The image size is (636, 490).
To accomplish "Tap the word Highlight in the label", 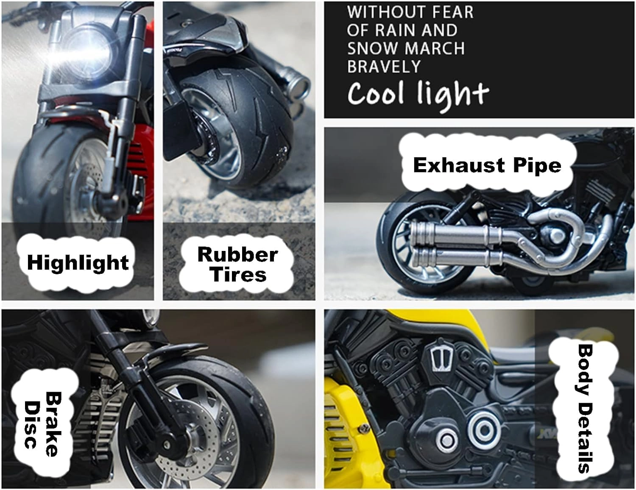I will (78, 262).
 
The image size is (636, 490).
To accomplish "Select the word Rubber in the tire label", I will (237, 254).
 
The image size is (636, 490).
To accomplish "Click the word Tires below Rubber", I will (239, 274).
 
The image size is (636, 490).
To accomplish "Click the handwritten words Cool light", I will (418, 94).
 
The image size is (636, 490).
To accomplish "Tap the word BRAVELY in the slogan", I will (384, 67).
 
